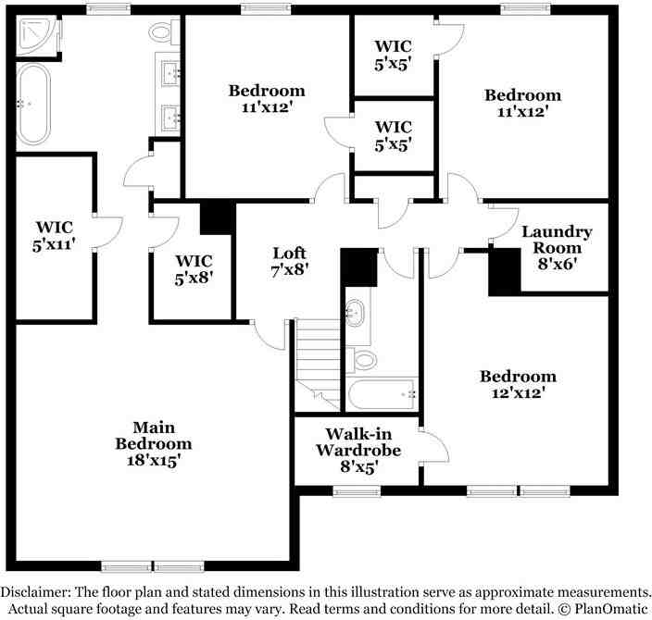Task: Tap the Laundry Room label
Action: (x=557, y=248)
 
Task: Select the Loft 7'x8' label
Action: (x=288, y=261)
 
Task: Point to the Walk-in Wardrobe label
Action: (x=357, y=450)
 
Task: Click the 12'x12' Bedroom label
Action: (x=518, y=384)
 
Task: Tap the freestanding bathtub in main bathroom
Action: (x=33, y=104)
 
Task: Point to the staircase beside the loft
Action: (x=319, y=361)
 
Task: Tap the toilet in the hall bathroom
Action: (x=363, y=359)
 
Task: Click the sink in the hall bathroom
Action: (x=356, y=314)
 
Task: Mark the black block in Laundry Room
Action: (x=505, y=274)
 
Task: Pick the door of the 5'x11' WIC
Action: (x=107, y=230)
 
